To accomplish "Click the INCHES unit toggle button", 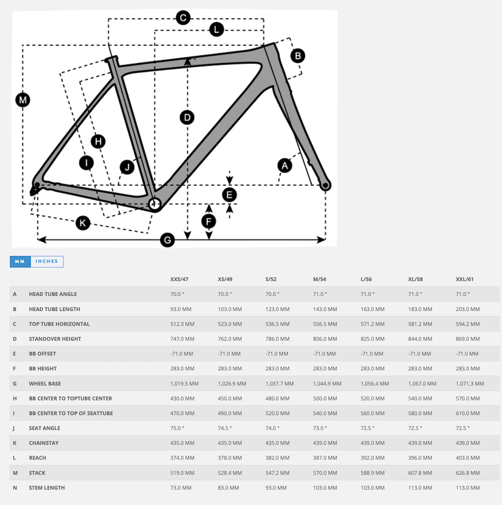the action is click(47, 261).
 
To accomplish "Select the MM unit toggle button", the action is click(20, 261).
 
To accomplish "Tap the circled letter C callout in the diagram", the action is click(183, 18).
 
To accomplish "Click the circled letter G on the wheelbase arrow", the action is click(167, 239).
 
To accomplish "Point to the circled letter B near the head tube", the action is click(298, 56).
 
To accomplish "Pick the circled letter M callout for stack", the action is click(23, 100).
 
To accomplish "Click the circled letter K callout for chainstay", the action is click(83, 223).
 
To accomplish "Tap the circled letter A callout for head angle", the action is click(285, 165).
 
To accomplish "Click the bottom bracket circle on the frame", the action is click(155, 204).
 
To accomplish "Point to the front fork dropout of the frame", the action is click(325, 185).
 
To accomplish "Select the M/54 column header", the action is click(320, 279).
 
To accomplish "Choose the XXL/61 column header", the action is click(464, 279).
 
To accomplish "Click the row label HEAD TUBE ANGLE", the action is click(53, 294).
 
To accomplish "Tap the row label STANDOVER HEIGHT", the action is click(55, 339).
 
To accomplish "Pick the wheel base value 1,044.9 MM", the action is click(327, 384).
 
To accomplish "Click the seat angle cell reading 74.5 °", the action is click(225, 428).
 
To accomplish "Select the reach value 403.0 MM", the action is click(468, 458).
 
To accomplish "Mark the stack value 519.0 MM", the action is click(182, 473).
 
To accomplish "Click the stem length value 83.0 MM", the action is click(228, 488).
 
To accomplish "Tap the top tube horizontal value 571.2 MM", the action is click(372, 324).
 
